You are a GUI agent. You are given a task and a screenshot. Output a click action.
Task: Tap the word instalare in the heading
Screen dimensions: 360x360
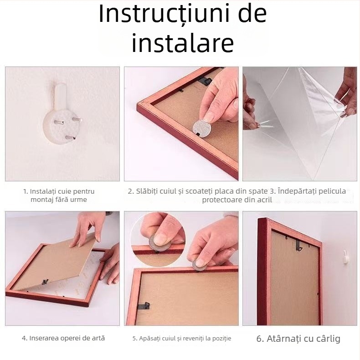point(182,43)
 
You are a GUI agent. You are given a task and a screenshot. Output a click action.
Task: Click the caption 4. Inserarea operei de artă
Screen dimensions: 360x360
point(63,338)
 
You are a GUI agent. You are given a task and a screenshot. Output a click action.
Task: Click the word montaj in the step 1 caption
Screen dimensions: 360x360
point(41,200)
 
